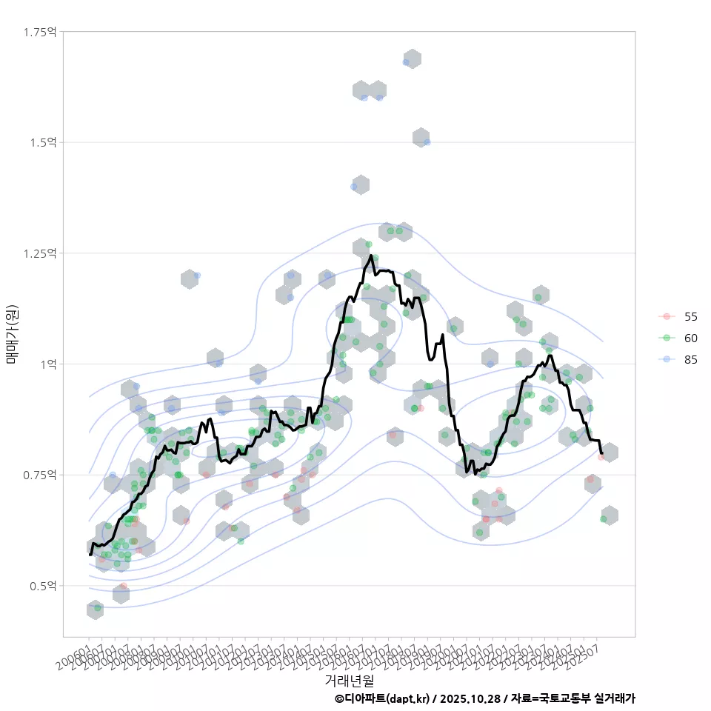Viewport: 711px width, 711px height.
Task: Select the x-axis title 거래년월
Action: [349, 680]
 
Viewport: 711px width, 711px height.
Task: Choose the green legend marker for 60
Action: [667, 338]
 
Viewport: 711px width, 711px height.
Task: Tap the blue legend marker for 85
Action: [667, 359]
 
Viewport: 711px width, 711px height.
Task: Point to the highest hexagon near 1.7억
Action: [412, 59]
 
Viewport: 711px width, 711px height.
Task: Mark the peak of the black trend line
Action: [370, 256]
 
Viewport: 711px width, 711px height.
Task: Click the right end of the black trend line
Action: [602, 453]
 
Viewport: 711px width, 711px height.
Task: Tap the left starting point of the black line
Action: [90, 554]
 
